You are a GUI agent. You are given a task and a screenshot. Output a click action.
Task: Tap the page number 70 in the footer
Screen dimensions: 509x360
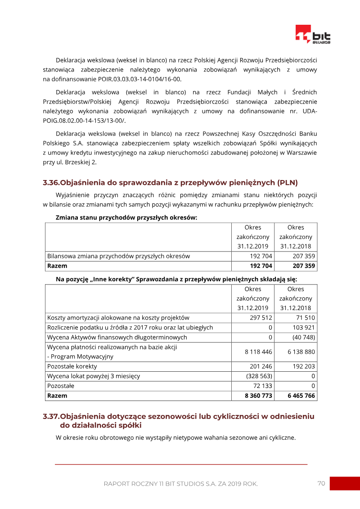point(321,483)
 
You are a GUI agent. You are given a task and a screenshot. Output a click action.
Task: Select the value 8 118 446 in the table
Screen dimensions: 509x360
point(258,351)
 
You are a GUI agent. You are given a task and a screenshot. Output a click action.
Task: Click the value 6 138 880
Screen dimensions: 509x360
point(301,351)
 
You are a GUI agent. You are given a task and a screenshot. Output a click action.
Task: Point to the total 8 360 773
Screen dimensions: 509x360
point(258,396)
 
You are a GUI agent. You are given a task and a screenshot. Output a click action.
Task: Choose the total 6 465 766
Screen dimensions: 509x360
point(301,396)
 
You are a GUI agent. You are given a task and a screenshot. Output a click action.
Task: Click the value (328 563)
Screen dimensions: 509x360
point(259,376)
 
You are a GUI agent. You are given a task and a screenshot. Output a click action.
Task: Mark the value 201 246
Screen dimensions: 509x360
point(261,366)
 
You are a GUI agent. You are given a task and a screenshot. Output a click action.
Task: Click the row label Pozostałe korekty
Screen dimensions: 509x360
point(72,366)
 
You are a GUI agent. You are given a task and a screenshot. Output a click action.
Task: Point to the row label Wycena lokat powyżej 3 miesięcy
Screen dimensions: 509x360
point(94,376)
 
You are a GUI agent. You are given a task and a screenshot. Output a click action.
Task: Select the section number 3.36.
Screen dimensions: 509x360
point(51,183)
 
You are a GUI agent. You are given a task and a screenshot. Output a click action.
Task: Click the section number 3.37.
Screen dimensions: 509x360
point(51,416)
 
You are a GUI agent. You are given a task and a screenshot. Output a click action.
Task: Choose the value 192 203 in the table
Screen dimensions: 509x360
point(304,366)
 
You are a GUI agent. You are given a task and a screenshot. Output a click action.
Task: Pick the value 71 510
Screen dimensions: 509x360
point(306,318)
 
